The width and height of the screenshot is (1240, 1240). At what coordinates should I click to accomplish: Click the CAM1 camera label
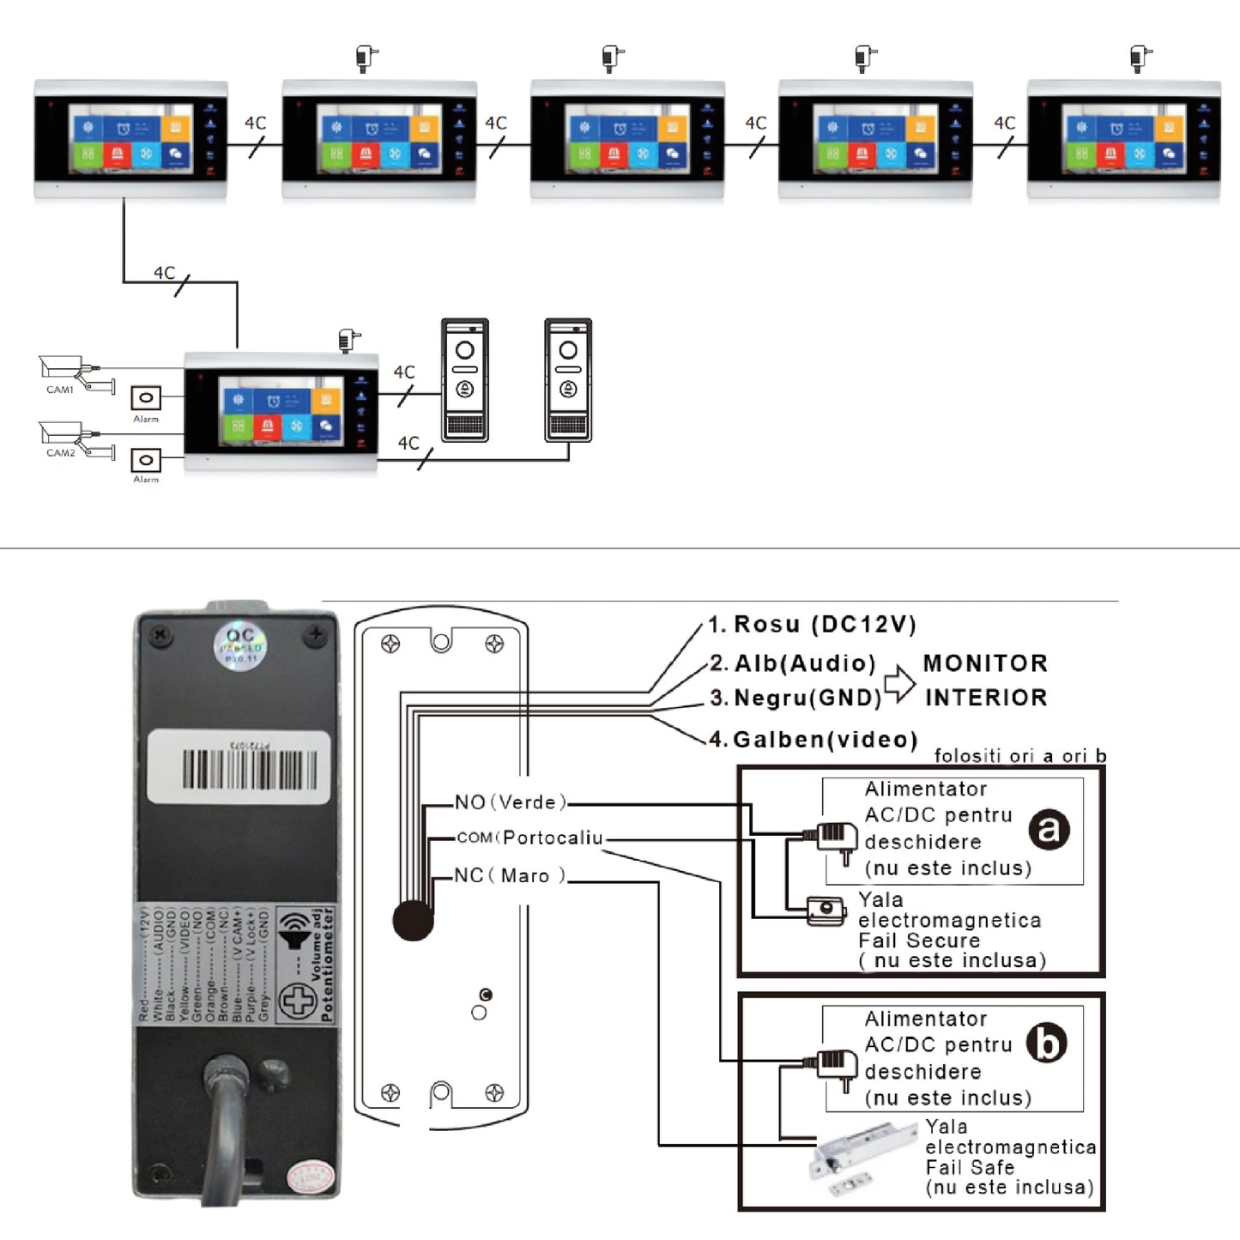(60, 390)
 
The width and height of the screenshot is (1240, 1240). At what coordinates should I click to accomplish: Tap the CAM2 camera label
(60, 453)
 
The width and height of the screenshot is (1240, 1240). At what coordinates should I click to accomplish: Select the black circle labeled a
(1049, 829)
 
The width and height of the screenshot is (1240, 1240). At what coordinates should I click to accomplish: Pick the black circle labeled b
(1047, 1043)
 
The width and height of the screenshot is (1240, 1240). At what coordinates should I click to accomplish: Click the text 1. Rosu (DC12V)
(812, 625)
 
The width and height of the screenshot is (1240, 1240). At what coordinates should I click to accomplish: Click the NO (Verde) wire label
(511, 802)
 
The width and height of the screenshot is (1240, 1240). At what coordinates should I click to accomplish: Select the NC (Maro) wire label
(510, 875)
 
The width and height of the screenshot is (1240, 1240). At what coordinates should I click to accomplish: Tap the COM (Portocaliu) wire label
(529, 838)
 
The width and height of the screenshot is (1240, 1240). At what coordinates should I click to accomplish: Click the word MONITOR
(985, 663)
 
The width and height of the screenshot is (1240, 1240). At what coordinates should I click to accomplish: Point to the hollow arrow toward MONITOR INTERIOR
(899, 683)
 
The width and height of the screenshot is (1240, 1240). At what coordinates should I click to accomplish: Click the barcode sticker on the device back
(239, 767)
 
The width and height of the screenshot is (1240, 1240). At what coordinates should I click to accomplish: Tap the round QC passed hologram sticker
(240, 647)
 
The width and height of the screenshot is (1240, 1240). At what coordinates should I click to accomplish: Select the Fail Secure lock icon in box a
(826, 910)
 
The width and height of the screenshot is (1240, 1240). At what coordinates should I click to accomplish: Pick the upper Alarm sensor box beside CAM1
(146, 398)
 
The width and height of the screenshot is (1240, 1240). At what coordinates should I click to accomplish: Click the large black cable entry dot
(414, 921)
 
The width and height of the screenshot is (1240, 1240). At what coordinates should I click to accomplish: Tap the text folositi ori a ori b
(1019, 756)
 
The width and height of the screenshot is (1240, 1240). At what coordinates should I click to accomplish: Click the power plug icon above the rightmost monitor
(1140, 58)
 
